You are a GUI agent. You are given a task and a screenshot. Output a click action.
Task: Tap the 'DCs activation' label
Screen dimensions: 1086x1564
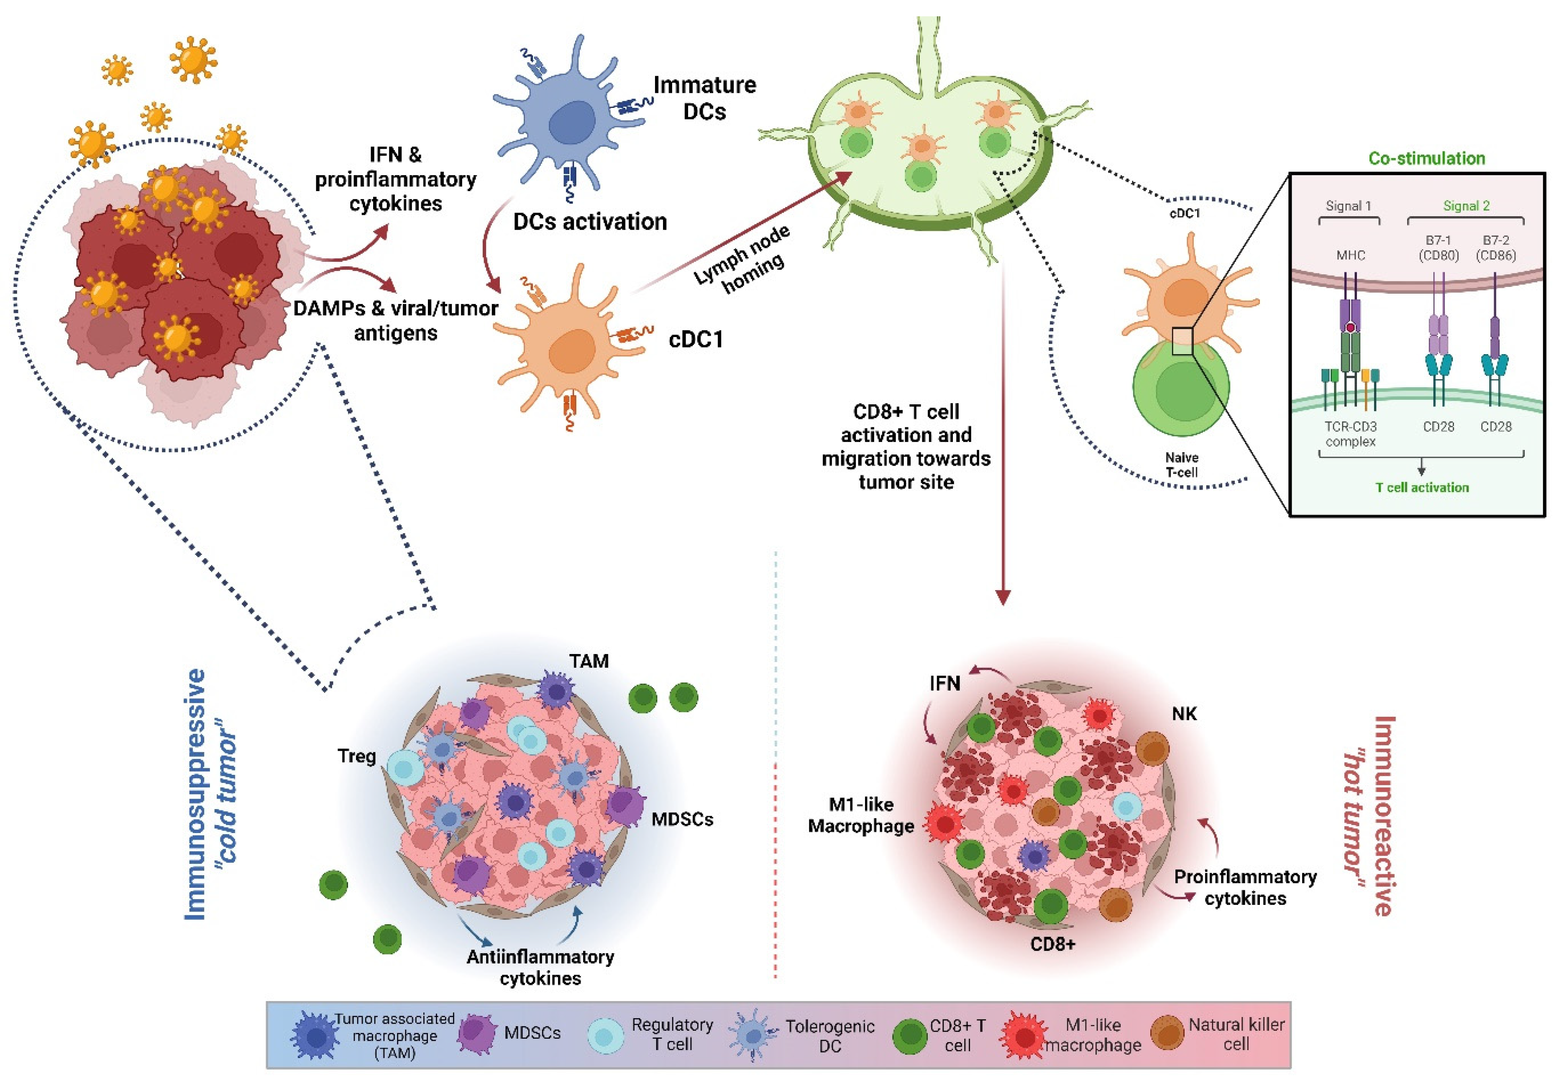(589, 222)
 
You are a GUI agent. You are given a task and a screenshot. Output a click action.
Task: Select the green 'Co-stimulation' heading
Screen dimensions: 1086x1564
(1426, 158)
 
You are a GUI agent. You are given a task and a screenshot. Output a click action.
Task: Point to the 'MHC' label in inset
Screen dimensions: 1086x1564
(1350, 255)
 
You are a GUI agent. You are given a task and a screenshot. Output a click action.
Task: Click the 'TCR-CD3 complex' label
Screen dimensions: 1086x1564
(1350, 434)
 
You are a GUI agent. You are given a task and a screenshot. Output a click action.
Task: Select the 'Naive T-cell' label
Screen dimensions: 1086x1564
(1182, 465)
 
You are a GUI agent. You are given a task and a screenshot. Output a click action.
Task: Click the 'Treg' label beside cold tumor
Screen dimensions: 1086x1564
(357, 756)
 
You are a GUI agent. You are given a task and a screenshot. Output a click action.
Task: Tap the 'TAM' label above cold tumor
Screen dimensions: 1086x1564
(589, 661)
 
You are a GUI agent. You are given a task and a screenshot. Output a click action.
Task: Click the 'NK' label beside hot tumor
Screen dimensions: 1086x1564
(1184, 714)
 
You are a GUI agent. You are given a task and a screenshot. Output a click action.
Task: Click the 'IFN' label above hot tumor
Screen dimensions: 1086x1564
(945, 683)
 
